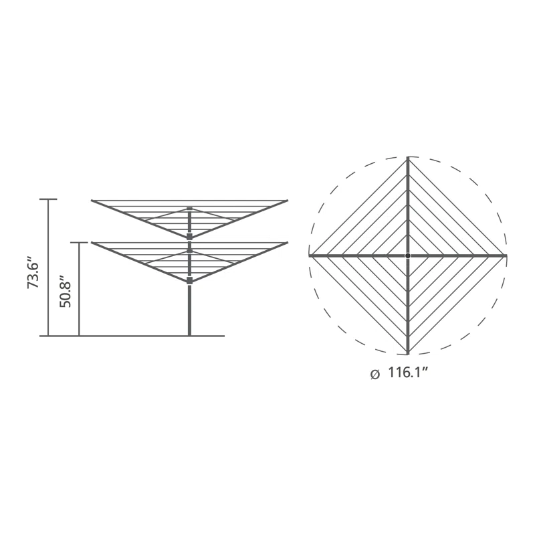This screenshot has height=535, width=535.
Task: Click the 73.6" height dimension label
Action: [33, 276]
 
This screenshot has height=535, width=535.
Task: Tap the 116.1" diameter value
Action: [408, 372]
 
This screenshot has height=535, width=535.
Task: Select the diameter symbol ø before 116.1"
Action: [374, 374]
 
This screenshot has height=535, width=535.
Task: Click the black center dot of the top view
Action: [408, 255]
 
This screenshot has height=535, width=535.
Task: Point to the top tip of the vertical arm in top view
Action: [408, 157]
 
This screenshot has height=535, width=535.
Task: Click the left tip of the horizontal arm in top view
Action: [310, 255]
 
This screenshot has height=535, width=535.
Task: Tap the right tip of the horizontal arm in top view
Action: [506, 255]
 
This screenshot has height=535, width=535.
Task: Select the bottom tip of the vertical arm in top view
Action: [408, 354]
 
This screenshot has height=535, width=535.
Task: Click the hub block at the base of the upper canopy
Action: [190, 237]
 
